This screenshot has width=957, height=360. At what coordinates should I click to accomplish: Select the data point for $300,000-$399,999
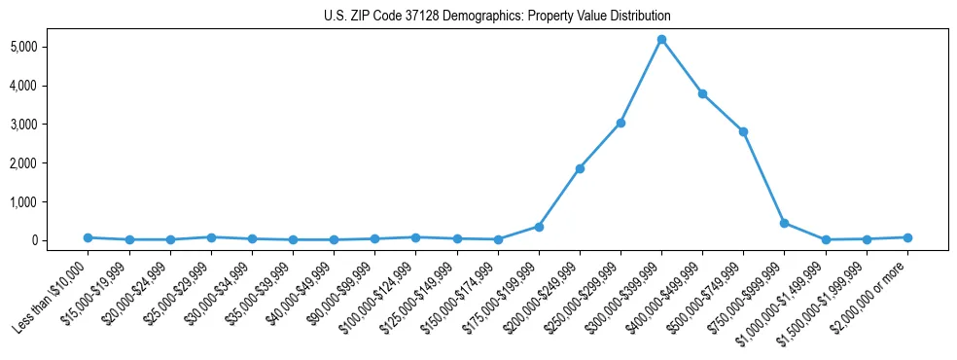pos(661,40)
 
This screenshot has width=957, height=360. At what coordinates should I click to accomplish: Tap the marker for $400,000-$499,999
pos(702,93)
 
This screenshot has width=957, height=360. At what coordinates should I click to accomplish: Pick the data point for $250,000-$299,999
pos(620,123)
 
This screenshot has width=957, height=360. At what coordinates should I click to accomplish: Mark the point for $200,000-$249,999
pos(580,168)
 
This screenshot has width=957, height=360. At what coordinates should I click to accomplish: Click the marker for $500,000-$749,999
pos(743,131)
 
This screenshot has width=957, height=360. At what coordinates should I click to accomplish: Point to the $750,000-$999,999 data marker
pos(784,223)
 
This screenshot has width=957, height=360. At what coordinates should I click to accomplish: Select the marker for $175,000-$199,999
pos(539,227)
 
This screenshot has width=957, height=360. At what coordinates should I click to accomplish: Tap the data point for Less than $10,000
pos(88,237)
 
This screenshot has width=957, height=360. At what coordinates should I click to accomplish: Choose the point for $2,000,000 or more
pos(906,237)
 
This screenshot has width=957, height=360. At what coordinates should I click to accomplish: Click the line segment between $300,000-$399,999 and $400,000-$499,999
pos(682,67)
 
